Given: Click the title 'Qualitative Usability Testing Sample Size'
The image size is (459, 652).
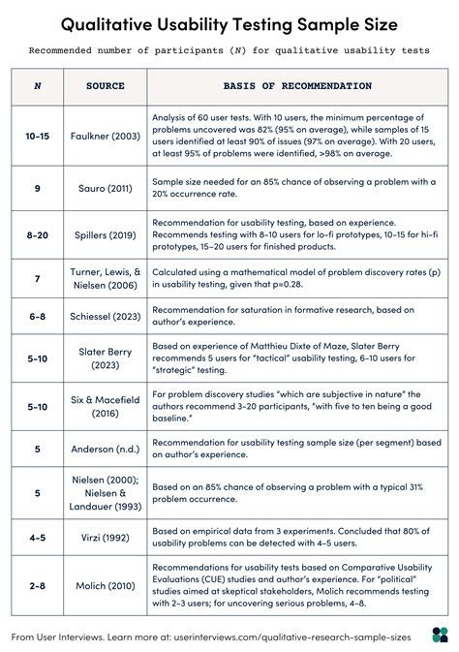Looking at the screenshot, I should [229, 22].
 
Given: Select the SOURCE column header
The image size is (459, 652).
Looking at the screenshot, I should [105, 86].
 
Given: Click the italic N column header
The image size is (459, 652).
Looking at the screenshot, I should [38, 86].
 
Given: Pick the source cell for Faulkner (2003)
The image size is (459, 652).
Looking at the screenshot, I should [105, 136].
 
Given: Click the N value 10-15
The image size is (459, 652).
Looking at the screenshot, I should [38, 136].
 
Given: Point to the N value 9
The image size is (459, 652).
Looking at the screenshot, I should [38, 188].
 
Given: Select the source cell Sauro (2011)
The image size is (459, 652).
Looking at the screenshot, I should [105, 188].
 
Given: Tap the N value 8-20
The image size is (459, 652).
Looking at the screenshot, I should [38, 234].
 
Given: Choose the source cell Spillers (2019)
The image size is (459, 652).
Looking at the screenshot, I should [105, 234].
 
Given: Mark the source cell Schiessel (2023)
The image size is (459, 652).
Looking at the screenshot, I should [105, 316].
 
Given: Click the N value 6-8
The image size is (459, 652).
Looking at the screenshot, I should [38, 316].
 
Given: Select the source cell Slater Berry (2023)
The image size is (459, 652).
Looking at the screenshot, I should [105, 358].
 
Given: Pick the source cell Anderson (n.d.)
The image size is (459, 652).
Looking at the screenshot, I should [105, 449].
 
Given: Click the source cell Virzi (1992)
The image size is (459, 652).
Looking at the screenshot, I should [105, 536].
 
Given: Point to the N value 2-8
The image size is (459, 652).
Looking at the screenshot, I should [38, 585].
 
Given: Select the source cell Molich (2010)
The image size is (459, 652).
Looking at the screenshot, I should [105, 585].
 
